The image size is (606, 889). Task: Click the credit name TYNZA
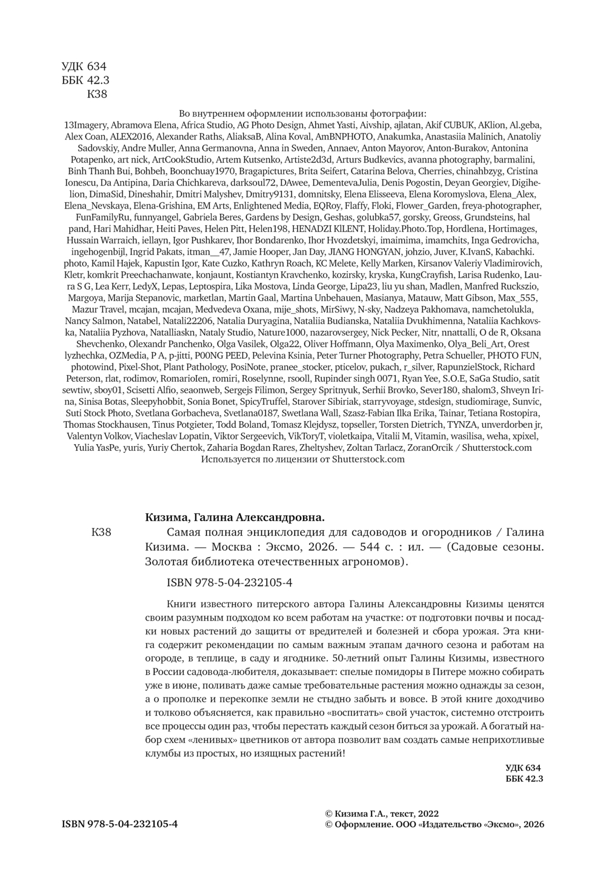pyautogui.click(x=461, y=424)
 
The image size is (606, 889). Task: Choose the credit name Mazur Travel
pyautogui.click(x=87, y=309)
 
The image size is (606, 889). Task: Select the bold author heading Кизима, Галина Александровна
pyautogui.click(x=235, y=517)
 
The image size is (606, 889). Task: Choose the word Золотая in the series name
pyautogui.click(x=167, y=561)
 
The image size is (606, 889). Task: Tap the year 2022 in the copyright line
pyautogui.click(x=426, y=814)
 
